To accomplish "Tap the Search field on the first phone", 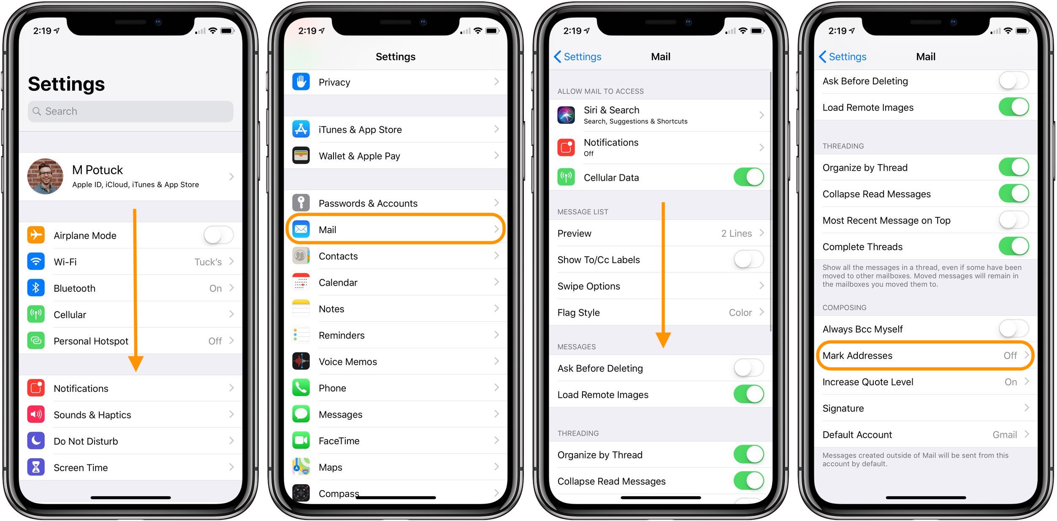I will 130,111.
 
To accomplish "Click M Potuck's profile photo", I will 45,176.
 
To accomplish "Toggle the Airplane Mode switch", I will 218,235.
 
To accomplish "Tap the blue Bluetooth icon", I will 36,288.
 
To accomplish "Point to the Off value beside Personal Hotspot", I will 215,341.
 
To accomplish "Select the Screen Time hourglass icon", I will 36,467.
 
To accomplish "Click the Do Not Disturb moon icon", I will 36,441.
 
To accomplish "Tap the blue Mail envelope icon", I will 301,229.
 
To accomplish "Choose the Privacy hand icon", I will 301,82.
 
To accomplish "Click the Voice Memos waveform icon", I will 301,361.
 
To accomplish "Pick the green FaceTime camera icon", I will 301,440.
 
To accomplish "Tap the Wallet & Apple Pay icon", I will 301,156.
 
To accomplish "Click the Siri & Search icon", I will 566,115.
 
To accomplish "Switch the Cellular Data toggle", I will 748,177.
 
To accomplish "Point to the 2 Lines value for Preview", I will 736,233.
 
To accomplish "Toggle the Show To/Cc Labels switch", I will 748,260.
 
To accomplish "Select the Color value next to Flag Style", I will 740,312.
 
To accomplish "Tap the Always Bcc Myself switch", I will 1014,329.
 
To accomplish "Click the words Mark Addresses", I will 857,355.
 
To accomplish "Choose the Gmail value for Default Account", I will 1004,435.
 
